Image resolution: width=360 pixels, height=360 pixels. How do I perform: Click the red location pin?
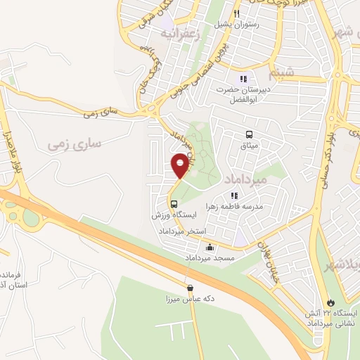click(180, 165)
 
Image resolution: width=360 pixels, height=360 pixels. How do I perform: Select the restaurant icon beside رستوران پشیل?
click(238, 13)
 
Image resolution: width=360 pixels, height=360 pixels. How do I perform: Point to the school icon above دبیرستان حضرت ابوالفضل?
click(243, 79)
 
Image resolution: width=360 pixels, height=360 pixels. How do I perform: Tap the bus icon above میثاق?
click(249, 134)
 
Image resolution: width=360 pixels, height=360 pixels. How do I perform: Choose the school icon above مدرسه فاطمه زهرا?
click(235, 196)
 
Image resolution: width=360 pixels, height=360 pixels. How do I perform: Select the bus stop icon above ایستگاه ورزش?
click(174, 204)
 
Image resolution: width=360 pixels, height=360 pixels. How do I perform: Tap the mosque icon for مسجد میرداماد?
click(210, 247)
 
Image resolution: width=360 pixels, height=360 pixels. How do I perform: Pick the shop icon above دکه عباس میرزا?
click(190, 288)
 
